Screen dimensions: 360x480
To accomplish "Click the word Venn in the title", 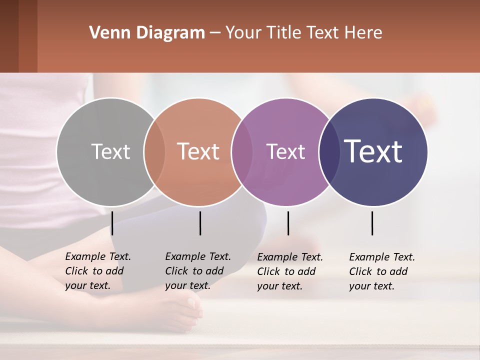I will [106, 33].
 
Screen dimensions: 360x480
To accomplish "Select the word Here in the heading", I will [364, 33].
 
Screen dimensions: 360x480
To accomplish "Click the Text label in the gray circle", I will [110, 151].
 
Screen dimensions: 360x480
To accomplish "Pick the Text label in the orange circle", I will [198, 151].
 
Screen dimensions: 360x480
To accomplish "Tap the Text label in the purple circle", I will [285, 151].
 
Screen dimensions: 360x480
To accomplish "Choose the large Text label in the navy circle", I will [373, 151].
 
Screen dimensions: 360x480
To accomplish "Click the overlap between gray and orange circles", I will [154, 151].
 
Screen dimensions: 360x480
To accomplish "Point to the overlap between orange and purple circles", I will [242, 151].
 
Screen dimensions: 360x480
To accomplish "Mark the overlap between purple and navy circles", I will [329, 151].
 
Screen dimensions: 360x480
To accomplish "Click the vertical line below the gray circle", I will [112, 223].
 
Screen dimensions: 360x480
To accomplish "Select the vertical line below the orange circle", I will [200, 223].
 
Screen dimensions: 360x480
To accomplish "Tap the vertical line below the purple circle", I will [288, 223].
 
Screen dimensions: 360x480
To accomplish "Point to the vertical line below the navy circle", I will [372, 223].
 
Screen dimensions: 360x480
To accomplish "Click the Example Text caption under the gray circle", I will [98, 271].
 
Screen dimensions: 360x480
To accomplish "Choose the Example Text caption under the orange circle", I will [198, 271].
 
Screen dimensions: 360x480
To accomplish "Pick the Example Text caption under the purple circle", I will [290, 271].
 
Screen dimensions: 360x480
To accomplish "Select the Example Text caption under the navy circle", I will [382, 271].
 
